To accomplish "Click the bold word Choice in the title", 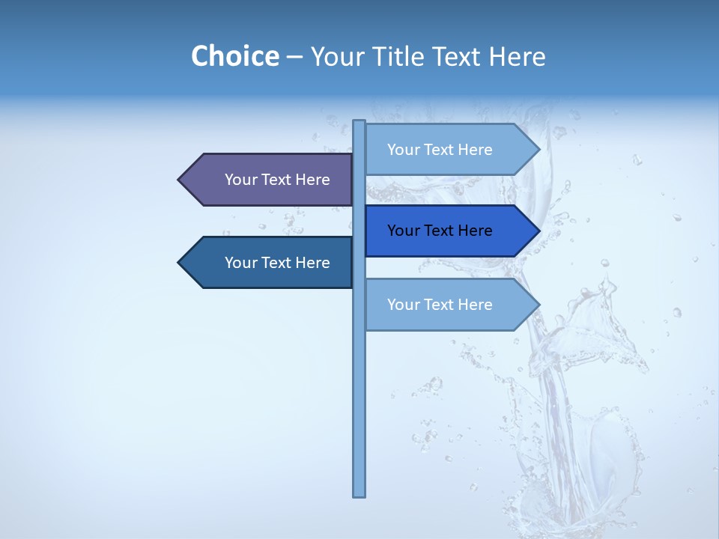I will coord(234,56).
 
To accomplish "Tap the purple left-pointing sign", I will coord(270,180).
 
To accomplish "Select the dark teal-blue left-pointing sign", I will coord(270,263).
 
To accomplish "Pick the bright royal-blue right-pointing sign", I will coord(449,231).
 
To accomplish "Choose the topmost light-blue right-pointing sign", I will coord(449,150).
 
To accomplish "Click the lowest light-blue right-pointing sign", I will coord(449,305).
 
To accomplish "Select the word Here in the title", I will coord(517,56).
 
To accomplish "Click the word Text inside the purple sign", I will coord(277,180).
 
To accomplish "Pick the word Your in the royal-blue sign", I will coord(403,231).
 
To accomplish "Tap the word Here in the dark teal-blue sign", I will coord(312,263).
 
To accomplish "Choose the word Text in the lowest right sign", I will coord(440,305).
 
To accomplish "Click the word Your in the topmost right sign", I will coord(403,150).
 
